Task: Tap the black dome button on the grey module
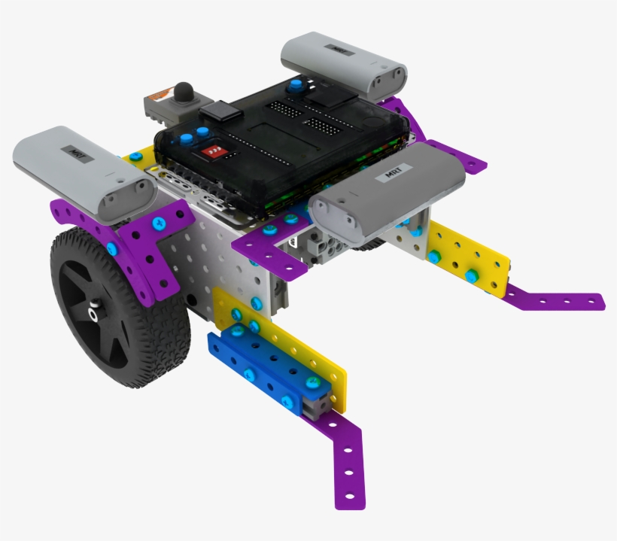184,93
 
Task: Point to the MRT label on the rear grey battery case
332,47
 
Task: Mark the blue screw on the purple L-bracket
159,223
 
